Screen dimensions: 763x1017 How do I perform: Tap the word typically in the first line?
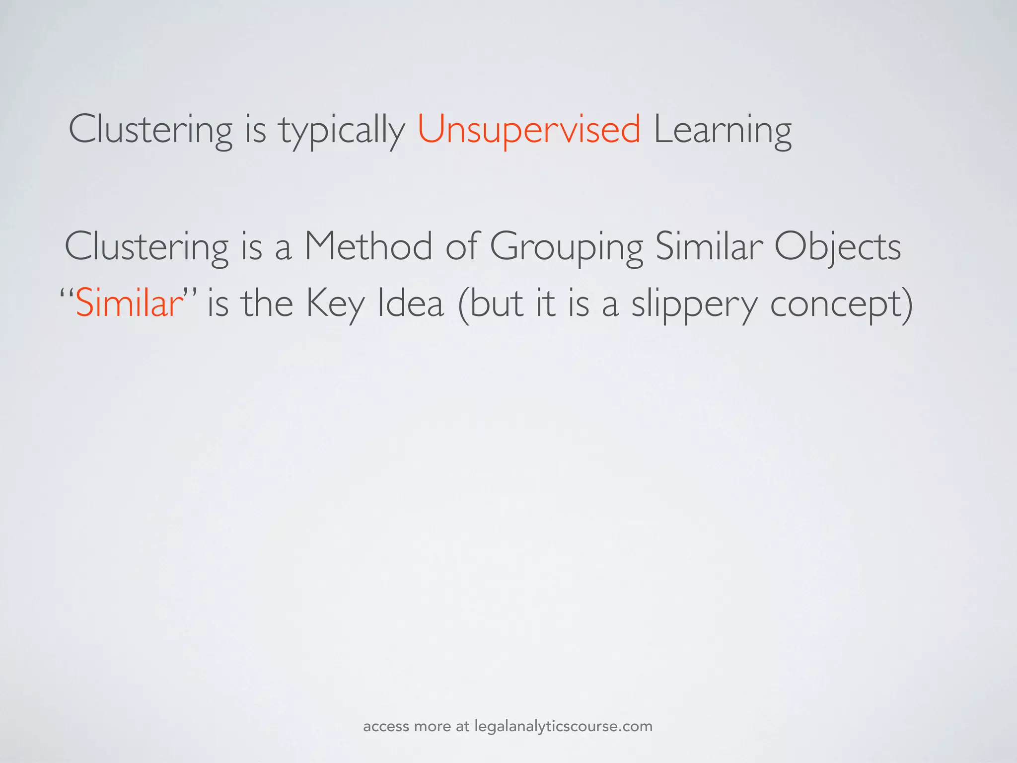342,130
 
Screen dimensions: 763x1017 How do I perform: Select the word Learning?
723,130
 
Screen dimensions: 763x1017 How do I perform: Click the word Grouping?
566,247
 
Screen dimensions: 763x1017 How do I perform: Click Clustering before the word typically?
150,130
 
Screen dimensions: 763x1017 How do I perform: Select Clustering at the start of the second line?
146,247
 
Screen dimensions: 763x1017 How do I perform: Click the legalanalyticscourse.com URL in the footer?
563,726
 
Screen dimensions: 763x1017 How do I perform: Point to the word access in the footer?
386,727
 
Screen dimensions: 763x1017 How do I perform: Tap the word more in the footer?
432,727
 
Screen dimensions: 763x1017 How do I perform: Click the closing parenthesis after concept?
906,304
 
